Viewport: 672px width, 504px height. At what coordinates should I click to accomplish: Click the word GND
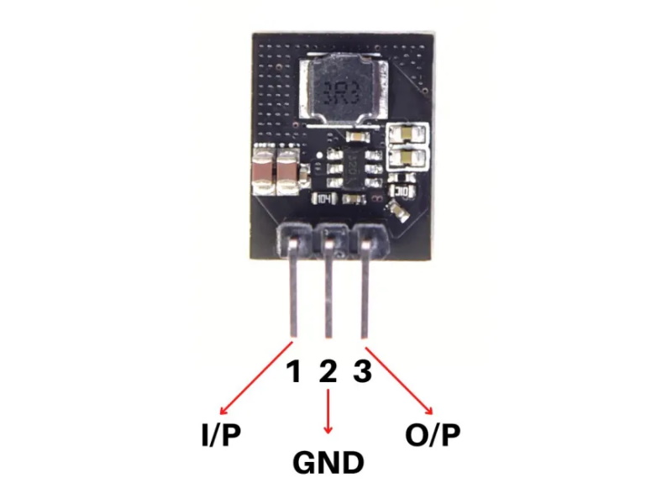click(328, 463)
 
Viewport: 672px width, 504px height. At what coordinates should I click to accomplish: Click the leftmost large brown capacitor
click(262, 171)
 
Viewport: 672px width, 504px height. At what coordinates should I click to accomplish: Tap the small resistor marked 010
click(402, 192)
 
